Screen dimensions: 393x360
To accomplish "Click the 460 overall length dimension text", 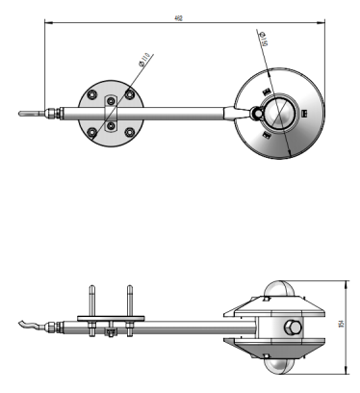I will [x=178, y=18].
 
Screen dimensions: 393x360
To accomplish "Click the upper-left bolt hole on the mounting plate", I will [x=93, y=95].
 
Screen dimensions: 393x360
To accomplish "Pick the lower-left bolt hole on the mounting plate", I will [x=93, y=128].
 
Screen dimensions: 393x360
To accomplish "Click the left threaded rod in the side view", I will [x=92, y=301].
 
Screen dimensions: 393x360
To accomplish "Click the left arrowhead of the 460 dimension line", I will [x=47, y=24].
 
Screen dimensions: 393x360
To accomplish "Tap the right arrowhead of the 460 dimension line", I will [x=321, y=24].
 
